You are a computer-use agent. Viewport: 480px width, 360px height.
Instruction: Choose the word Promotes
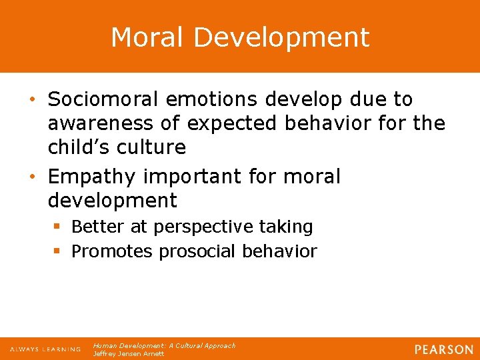pos(112,251)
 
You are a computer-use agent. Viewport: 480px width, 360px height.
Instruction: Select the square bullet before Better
pos(58,227)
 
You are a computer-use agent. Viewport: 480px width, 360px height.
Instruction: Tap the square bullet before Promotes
pos(58,251)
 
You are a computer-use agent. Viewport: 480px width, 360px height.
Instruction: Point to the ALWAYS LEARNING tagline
pos(45,349)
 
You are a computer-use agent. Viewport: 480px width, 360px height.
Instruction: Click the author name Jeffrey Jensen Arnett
pos(129,354)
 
